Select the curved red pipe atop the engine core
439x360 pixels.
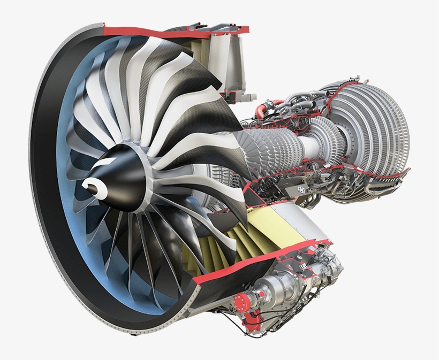[x=261, y=109]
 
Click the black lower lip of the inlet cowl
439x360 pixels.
[x=107, y=310]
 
